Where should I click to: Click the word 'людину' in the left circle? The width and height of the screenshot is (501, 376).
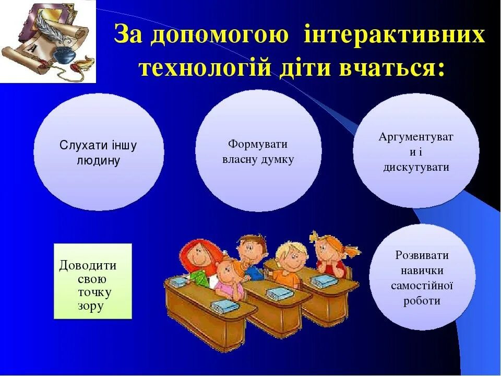tap(99, 160)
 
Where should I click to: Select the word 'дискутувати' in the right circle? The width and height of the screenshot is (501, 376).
tap(416, 168)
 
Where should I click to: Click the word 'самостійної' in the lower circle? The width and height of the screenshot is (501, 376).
tap(422, 286)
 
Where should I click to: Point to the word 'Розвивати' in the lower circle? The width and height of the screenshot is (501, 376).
tap(422, 255)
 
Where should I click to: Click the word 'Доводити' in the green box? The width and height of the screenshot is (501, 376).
tap(88, 265)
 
